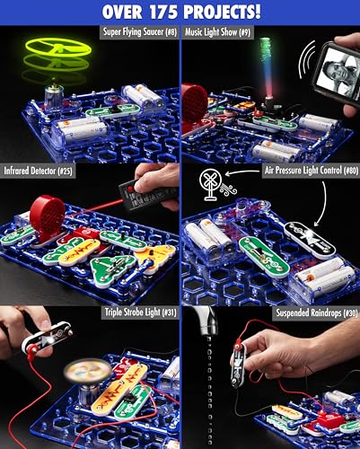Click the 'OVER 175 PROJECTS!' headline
[x=180, y=13]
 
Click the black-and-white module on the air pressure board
[x=311, y=241]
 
